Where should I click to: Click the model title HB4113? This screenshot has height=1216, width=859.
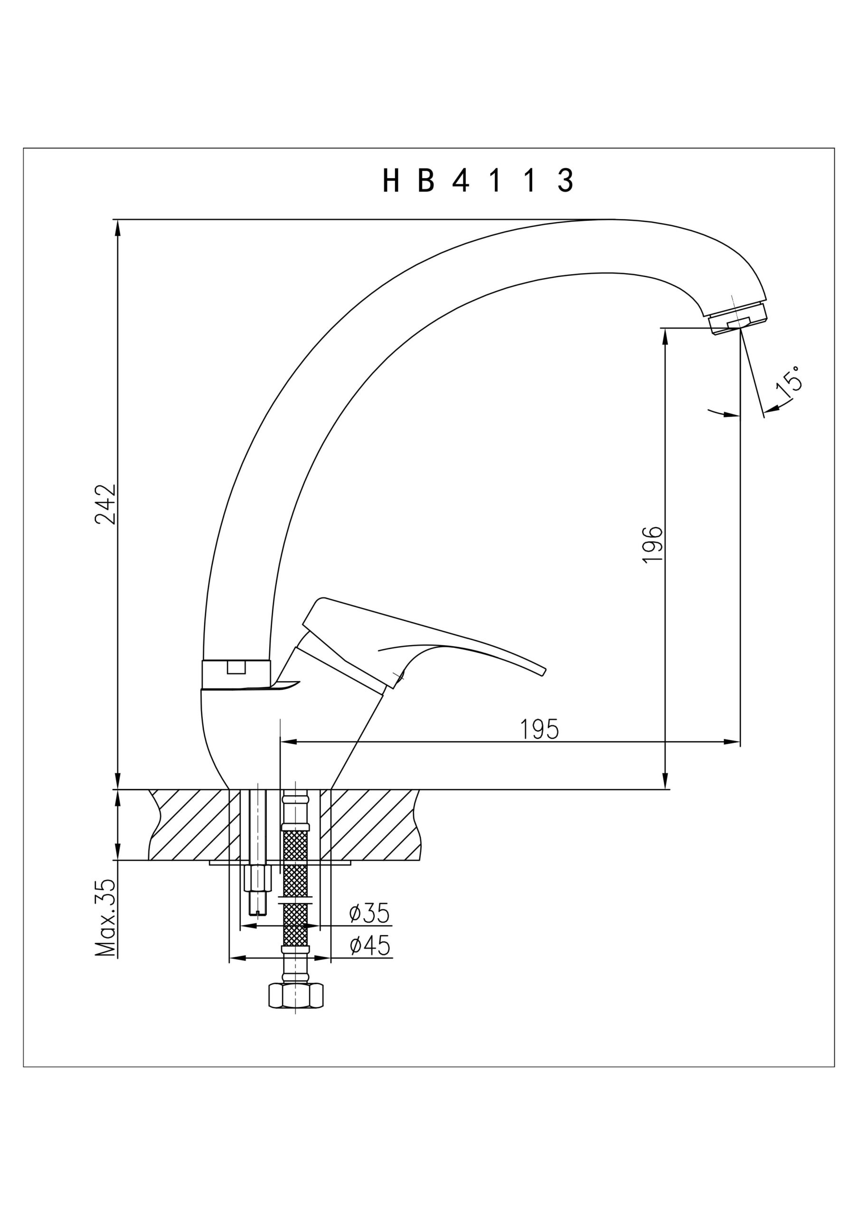477,181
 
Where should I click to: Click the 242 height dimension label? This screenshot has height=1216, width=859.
105,503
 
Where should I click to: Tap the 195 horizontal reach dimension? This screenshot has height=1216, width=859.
539,729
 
